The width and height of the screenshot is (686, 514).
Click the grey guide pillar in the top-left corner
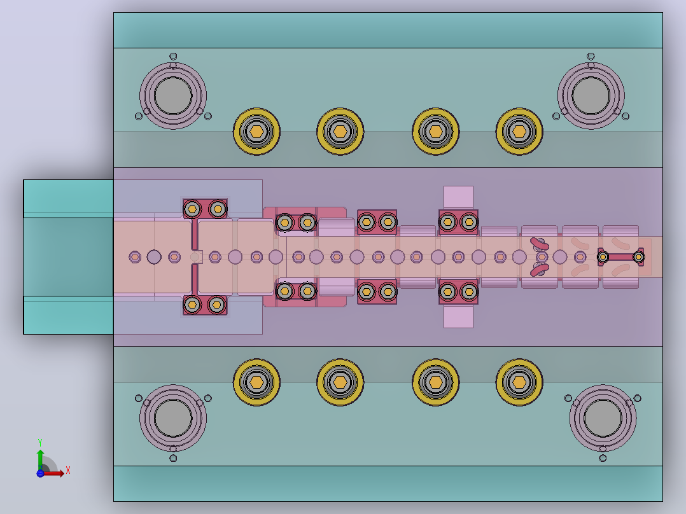pos(173,96)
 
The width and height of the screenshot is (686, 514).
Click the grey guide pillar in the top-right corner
pos(591,96)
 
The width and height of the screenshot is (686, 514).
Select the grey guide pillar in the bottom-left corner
pos(173,418)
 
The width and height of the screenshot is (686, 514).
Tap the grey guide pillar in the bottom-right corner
pos(603,418)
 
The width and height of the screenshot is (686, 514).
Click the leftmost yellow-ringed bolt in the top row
pos(256,131)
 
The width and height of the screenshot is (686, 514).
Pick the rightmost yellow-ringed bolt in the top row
pos(519,131)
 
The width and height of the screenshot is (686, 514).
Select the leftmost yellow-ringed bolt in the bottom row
pos(256,382)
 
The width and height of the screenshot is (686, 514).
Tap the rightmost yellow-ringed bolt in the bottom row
pos(519,382)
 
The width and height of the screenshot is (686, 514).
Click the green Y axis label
pos(40,443)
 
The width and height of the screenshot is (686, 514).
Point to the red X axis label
pos(68,471)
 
